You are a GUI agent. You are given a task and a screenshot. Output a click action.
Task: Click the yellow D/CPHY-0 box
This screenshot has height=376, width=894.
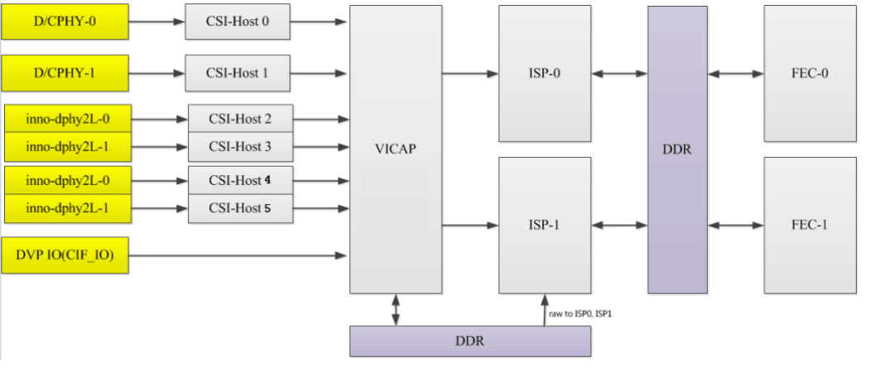pyautogui.click(x=65, y=21)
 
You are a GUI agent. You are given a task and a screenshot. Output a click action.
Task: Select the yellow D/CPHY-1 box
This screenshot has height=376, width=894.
pyautogui.click(x=65, y=73)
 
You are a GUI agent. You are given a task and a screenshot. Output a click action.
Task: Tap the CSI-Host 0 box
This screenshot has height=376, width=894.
pyautogui.click(x=238, y=21)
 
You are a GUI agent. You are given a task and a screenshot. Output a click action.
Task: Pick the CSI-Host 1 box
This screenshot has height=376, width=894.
pyautogui.click(x=238, y=73)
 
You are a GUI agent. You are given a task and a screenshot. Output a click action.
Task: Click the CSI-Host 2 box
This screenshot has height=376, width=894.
pyautogui.click(x=240, y=119)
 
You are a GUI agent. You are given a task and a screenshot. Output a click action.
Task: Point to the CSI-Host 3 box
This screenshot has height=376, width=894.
pyautogui.click(x=240, y=147)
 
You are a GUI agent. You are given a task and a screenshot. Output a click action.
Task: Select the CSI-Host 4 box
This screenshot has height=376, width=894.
pyautogui.click(x=240, y=180)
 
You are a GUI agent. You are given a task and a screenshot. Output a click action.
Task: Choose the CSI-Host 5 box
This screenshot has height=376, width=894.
pyautogui.click(x=240, y=208)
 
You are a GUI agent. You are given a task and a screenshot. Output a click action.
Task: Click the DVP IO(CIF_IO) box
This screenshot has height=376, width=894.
pyautogui.click(x=65, y=255)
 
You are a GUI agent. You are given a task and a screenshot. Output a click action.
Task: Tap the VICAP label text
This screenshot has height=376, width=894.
pyautogui.click(x=395, y=150)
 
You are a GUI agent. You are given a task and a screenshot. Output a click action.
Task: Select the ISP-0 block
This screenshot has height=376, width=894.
pyautogui.click(x=544, y=73)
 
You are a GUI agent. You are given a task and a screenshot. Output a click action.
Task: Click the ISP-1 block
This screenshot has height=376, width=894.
pyautogui.click(x=544, y=224)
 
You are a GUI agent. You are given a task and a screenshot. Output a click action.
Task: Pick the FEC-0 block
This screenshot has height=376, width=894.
pyautogui.click(x=809, y=73)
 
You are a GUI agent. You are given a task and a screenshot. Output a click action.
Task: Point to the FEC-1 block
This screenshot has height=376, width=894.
pyautogui.click(x=809, y=224)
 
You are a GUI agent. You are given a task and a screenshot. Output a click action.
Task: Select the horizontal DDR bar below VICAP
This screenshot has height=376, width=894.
pyautogui.click(x=469, y=341)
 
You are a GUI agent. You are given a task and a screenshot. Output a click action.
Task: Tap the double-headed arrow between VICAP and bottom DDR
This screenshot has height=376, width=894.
pyautogui.click(x=396, y=310)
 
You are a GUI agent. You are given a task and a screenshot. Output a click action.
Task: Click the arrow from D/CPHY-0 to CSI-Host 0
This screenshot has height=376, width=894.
pyautogui.click(x=156, y=21)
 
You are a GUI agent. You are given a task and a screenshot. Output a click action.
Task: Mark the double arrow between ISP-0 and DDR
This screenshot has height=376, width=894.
pyautogui.click(x=619, y=74)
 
